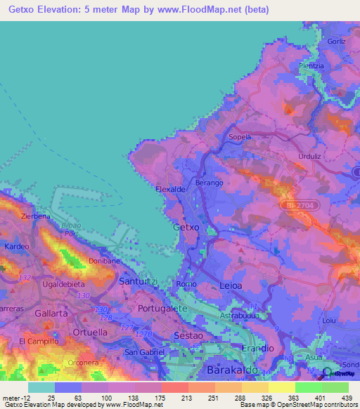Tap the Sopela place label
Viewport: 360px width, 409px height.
(240, 137)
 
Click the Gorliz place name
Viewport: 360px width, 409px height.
(337, 41)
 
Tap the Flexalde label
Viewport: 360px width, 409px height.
(171, 189)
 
